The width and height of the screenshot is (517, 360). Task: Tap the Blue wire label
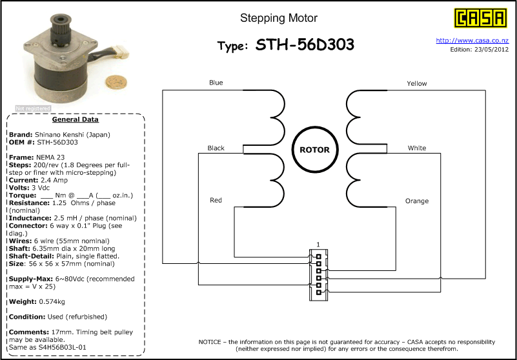point(216,83)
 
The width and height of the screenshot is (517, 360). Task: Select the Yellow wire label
point(417,84)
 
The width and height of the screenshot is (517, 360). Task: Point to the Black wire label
point(216,148)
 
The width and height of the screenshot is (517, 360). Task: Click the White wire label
point(417,148)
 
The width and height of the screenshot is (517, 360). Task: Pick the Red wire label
point(216,200)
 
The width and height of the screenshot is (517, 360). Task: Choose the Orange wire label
point(417,201)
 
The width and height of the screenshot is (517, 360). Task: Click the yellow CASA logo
point(480,18)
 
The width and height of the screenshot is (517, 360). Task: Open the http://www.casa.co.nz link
point(472,41)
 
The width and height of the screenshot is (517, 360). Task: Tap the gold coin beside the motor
point(116,82)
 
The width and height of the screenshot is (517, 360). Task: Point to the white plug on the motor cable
point(121,51)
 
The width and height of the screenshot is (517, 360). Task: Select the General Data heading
point(75,119)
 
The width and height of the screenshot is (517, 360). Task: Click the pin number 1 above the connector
point(318,245)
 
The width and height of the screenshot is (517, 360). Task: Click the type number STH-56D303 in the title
point(305,45)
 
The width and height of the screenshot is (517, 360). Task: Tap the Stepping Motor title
point(279,18)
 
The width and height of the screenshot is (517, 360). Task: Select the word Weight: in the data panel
point(23,302)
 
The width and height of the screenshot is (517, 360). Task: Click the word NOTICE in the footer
point(210,342)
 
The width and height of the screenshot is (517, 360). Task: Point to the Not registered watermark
point(33,108)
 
